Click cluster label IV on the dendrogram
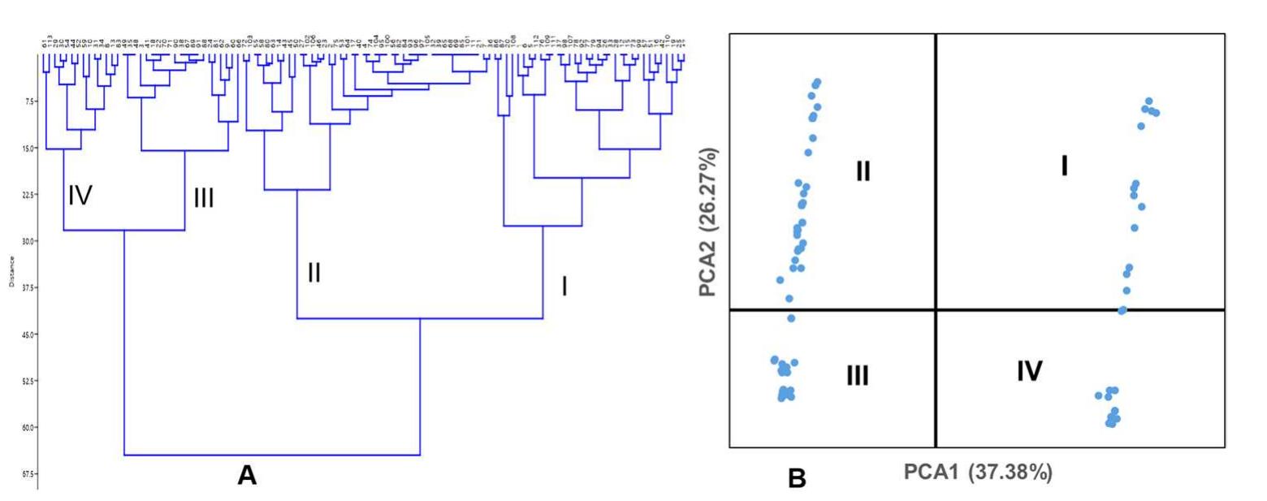click(x=80, y=195)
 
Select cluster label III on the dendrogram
click(x=203, y=198)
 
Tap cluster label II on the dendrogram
click(x=314, y=273)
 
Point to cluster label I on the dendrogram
click(x=564, y=286)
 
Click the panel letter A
click(x=246, y=476)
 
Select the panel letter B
click(x=797, y=479)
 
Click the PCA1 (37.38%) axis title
click(x=978, y=473)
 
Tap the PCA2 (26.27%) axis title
click(x=711, y=222)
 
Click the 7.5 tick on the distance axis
click(x=29, y=101)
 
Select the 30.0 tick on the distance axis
click(x=28, y=241)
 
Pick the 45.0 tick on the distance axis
click(x=28, y=335)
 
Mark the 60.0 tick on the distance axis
click(x=28, y=427)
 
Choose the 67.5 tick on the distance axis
click(x=28, y=474)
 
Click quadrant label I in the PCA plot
click(x=1064, y=166)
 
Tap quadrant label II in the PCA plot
click(x=863, y=171)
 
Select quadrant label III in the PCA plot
click(x=857, y=375)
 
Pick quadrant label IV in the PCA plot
click(x=1029, y=371)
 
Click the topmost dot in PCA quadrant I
click(x=1148, y=101)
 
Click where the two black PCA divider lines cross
click(x=936, y=309)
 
